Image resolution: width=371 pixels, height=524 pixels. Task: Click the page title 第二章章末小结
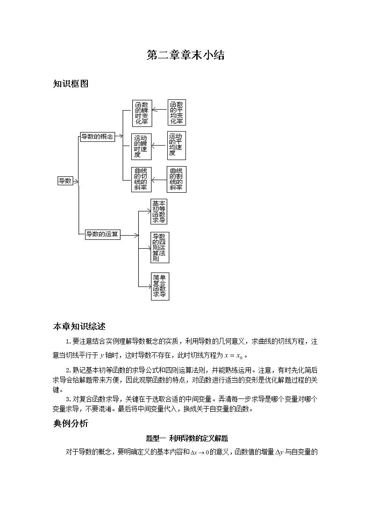click(x=185, y=56)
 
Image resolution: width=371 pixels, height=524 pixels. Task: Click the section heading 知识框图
click(x=71, y=84)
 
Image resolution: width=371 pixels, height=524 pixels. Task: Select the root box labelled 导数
click(x=65, y=181)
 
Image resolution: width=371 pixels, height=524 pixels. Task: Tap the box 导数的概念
click(x=97, y=137)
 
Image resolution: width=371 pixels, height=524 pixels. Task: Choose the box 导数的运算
click(x=103, y=235)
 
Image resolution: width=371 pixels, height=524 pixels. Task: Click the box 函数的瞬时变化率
click(x=142, y=113)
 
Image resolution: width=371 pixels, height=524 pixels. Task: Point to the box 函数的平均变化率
click(x=176, y=112)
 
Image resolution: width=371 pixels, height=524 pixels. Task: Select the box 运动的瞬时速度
click(x=142, y=146)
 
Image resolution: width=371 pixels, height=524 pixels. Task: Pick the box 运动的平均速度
click(x=176, y=145)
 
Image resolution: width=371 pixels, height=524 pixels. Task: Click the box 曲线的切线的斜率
click(x=142, y=179)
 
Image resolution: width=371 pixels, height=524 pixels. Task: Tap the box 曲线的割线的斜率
click(x=176, y=179)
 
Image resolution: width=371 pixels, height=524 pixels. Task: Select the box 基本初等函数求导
click(x=159, y=212)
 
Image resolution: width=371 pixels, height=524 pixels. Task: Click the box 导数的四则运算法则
click(x=159, y=247)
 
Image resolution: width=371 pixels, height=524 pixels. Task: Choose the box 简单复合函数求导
click(x=159, y=286)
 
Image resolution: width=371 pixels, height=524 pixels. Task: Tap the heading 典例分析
click(x=71, y=424)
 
